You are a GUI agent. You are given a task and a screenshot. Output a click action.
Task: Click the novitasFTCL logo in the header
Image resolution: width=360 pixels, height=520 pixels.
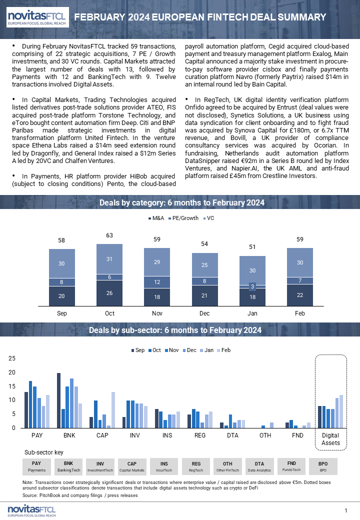tap(37, 17)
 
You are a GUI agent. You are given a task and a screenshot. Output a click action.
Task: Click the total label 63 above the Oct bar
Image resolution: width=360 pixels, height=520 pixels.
tap(109, 235)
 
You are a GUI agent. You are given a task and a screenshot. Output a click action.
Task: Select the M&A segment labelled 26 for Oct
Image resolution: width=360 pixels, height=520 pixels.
tap(109, 293)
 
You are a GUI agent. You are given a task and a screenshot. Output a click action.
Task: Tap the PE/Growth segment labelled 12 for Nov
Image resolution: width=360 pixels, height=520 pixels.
tap(157, 282)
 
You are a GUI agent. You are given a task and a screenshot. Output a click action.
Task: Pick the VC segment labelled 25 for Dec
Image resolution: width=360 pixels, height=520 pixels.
tap(205, 265)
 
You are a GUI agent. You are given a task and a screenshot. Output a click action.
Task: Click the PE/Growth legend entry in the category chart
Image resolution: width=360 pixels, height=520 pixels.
tap(183, 218)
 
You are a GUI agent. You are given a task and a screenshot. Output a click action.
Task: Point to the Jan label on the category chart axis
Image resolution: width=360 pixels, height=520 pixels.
tap(252, 313)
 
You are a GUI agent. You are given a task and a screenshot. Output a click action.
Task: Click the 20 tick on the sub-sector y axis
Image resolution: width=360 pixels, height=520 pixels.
tap(12, 372)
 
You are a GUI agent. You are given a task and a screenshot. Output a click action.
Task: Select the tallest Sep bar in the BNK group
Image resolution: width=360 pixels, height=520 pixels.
tap(58, 400)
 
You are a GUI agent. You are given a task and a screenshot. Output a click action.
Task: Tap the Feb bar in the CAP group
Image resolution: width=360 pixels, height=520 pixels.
tap(113, 410)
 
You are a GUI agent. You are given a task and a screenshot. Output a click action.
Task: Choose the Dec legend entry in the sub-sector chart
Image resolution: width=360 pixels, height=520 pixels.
tap(189, 350)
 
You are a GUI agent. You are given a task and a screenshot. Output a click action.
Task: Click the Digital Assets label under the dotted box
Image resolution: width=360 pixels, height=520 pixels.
tap(330, 439)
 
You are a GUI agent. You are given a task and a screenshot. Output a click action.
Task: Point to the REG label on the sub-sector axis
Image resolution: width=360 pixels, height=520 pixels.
tap(200, 435)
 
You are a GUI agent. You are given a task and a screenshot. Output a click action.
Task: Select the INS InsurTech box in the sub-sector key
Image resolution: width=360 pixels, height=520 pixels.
tap(164, 466)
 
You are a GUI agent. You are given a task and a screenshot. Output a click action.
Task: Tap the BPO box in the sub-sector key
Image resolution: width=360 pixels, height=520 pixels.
tap(323, 466)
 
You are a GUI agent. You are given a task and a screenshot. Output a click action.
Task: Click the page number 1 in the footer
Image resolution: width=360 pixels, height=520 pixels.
tap(345, 510)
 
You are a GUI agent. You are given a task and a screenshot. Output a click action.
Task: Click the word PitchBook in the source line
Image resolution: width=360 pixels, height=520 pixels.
tap(50, 495)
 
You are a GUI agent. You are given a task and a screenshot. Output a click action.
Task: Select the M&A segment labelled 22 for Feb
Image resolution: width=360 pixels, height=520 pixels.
tap(300, 295)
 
